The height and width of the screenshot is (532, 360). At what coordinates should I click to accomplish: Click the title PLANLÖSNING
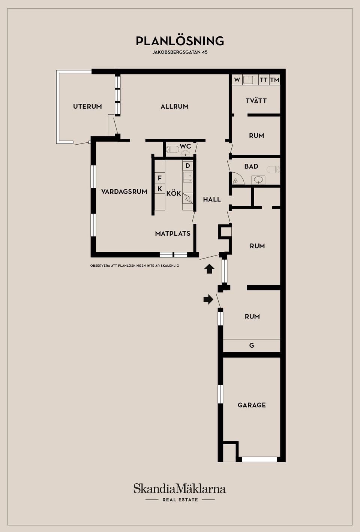(180, 41)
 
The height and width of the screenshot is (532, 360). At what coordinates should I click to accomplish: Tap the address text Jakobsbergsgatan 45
(180, 52)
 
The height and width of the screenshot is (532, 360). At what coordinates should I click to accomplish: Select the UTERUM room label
(87, 106)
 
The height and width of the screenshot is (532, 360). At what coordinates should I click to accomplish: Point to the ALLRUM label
(174, 106)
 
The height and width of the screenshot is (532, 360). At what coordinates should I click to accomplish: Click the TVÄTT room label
(256, 101)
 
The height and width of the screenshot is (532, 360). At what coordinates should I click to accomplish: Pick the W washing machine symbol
(237, 80)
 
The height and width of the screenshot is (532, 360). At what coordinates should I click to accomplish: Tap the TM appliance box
(274, 80)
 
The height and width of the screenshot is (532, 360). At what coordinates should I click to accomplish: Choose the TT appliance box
(264, 80)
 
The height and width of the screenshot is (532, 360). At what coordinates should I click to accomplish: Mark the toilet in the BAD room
(273, 170)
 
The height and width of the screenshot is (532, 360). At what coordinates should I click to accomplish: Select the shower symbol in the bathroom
(237, 179)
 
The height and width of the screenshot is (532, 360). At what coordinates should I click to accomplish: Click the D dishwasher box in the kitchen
(187, 166)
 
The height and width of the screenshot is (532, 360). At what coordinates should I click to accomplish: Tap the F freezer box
(160, 178)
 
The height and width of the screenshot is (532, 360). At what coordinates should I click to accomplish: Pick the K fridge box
(160, 188)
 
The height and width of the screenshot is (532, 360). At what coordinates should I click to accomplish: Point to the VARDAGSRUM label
(124, 192)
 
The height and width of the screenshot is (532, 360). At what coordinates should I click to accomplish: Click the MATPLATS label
(173, 234)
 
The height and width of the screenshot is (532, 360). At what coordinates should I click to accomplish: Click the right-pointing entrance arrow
(208, 299)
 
